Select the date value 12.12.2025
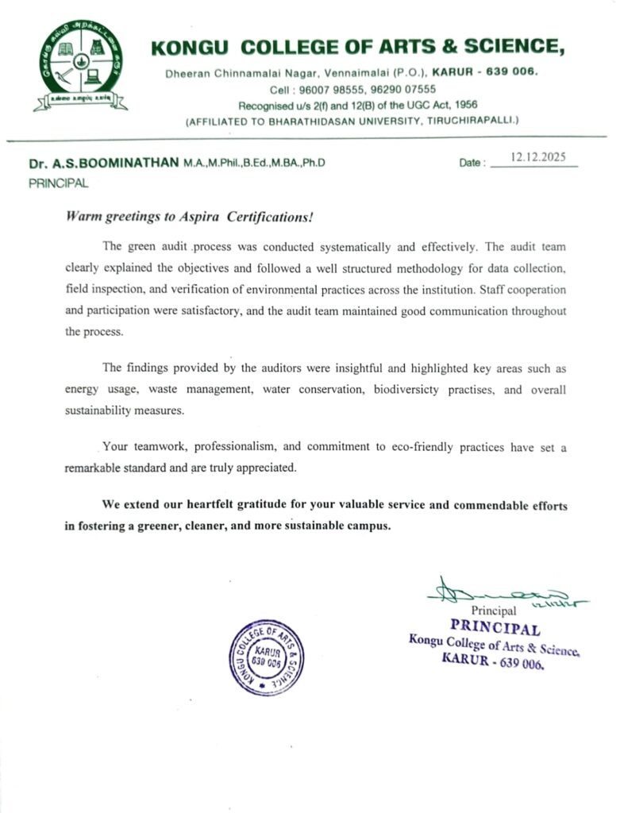[537, 157]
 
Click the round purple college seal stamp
[263, 657]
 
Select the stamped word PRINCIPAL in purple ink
[495, 629]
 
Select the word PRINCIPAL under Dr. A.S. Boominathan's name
[59, 183]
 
